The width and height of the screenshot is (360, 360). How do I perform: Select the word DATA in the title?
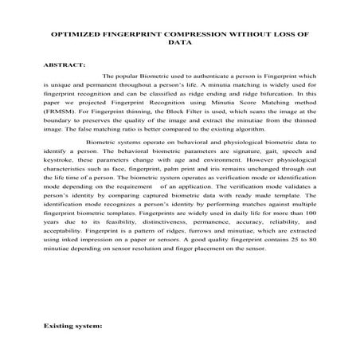[179, 45]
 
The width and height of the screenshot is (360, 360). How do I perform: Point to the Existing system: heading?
[73, 327]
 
